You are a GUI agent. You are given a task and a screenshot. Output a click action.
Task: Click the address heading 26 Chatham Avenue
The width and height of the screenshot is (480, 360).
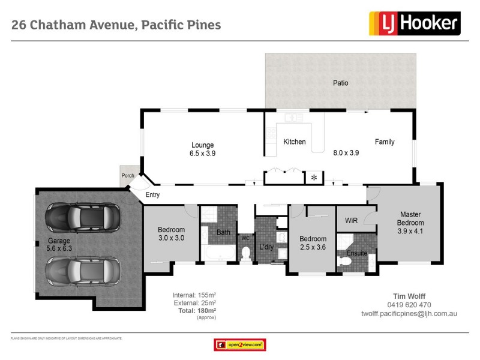(116, 25)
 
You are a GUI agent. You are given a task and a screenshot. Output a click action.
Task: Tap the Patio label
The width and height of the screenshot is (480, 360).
(341, 83)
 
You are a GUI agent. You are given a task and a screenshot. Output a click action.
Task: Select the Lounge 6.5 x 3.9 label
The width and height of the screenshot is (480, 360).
(203, 149)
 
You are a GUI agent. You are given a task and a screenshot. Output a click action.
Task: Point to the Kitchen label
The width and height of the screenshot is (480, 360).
(295, 142)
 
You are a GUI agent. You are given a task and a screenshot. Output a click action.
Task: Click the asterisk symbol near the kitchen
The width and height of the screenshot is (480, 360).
(313, 178)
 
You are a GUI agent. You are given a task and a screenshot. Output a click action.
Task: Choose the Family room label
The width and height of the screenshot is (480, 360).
(385, 142)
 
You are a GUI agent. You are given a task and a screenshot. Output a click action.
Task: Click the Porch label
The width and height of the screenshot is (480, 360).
(128, 176)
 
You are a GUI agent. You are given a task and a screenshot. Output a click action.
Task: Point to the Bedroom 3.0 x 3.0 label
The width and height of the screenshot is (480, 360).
(171, 233)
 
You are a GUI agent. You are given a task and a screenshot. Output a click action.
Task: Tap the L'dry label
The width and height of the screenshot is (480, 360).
(266, 247)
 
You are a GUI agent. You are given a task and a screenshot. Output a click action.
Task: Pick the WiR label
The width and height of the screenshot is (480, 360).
(351, 221)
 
